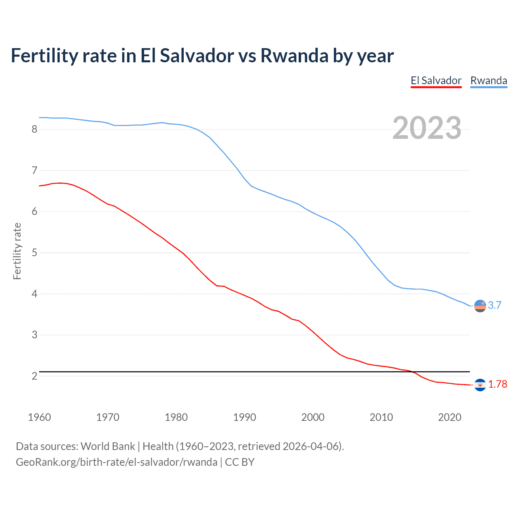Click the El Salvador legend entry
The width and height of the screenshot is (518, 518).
click(436, 81)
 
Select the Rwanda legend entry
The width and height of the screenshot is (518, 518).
click(488, 81)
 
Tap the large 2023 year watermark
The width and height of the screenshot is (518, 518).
click(427, 128)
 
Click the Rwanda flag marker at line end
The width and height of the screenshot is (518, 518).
click(480, 306)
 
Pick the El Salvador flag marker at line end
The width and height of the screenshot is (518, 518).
click(480, 384)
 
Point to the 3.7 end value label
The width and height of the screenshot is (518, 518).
click(495, 306)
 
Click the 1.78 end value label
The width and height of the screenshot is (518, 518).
click(497, 384)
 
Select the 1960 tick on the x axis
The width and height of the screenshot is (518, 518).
click(39, 417)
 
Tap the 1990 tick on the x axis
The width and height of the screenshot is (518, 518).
click(244, 417)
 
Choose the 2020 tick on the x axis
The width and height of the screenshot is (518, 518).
click(450, 417)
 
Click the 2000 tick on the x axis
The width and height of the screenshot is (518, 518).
click(313, 417)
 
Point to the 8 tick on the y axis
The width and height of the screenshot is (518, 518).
click(34, 129)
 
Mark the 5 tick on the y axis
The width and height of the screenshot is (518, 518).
click(34, 253)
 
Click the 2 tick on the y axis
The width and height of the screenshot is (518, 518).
click(34, 376)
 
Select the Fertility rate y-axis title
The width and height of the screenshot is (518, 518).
click(17, 251)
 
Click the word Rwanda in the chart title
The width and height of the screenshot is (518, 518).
click(294, 56)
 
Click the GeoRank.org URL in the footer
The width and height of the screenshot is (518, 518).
click(117, 462)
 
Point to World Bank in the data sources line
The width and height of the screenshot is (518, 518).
click(108, 446)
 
